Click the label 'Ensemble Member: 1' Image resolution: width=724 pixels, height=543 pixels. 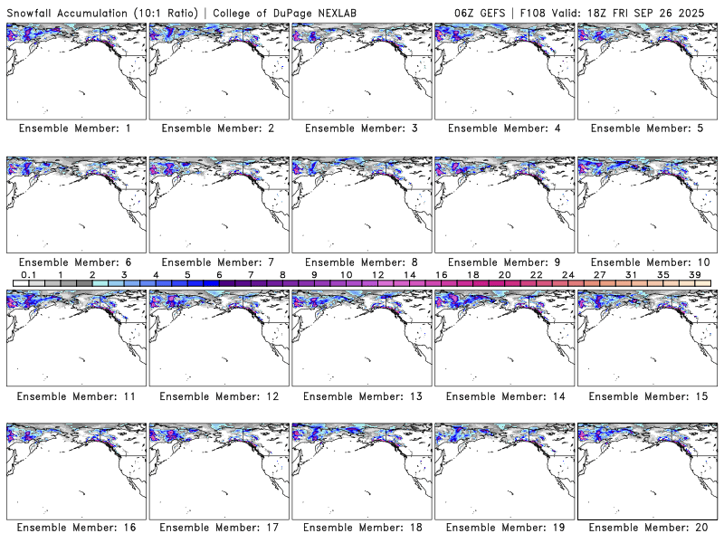point(75,129)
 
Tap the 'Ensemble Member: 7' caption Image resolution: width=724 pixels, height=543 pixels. point(218,262)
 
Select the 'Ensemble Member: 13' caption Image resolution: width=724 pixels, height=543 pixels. point(361,396)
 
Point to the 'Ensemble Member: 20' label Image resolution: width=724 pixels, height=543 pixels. point(647,527)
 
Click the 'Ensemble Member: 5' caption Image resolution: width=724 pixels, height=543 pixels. point(647,129)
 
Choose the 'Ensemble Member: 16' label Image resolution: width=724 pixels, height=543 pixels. point(75,527)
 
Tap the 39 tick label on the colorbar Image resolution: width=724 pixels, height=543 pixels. point(695,274)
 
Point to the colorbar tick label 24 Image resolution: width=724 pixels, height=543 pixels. point(568,274)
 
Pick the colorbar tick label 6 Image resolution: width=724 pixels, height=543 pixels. point(219,274)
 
